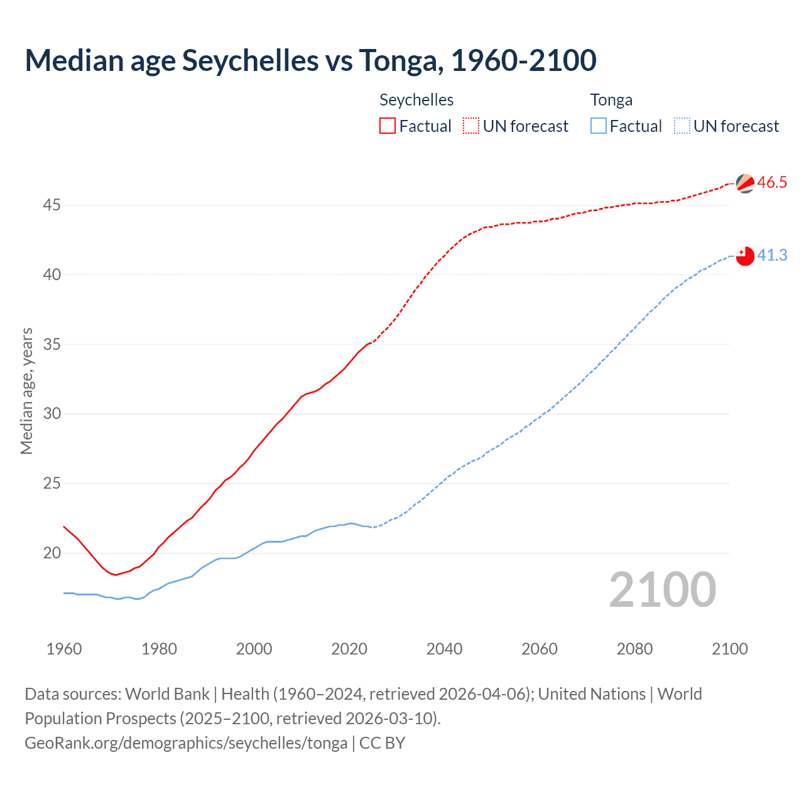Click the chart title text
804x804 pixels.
coord(310,60)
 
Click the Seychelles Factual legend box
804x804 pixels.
coord(388,126)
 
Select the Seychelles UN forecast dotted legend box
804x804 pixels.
coord(471,126)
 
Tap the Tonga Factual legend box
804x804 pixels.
coord(599,126)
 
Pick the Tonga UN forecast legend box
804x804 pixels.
coord(682,126)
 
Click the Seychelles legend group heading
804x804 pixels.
coord(416,100)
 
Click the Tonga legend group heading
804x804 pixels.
coord(611,100)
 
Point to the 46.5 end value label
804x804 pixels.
coord(772,182)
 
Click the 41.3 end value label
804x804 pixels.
coord(772,255)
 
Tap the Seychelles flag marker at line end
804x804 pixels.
coord(745,183)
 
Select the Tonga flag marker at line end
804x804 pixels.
coord(745,256)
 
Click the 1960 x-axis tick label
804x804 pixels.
coord(64,649)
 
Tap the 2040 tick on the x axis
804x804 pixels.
coord(444,649)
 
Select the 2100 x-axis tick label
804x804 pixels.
coord(729,649)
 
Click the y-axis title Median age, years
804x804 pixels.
coord(26,391)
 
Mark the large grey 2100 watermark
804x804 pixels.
coord(663,589)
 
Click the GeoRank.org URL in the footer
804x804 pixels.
coord(186,743)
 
